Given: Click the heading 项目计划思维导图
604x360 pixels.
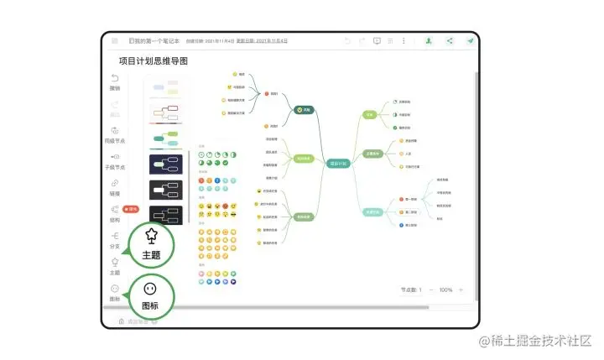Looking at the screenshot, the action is click(x=154, y=61).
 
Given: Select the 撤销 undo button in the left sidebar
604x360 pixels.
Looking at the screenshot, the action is click(x=115, y=82).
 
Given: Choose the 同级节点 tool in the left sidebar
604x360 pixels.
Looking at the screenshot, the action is click(x=115, y=134).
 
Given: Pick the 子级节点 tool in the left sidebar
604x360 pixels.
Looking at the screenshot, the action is click(x=115, y=160).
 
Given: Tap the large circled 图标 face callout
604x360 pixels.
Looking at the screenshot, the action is click(x=151, y=295).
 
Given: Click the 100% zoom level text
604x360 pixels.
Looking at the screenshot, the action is click(x=445, y=290).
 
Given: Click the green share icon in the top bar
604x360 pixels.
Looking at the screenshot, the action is click(x=450, y=40).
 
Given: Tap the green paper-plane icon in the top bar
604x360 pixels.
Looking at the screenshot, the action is click(x=471, y=40).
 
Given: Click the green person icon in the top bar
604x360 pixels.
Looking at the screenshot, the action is click(x=429, y=40).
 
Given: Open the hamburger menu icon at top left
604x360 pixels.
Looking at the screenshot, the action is click(x=113, y=40).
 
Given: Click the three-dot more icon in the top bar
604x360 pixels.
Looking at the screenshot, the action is click(x=404, y=40).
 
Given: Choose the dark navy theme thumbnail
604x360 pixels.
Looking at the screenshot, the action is click(x=165, y=164).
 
